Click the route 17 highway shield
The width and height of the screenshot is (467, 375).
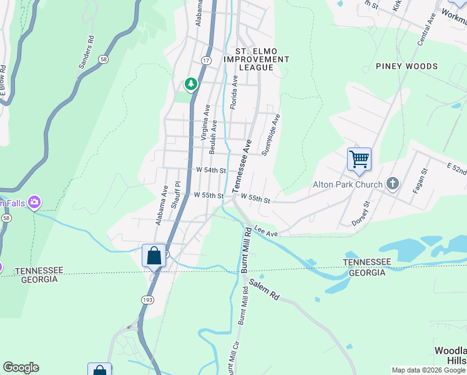point(205,59)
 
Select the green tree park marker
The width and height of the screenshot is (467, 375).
point(190,84)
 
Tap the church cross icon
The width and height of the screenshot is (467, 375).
point(392,184)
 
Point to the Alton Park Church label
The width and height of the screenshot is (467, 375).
point(347,184)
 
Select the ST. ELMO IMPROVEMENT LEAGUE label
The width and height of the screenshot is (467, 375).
point(262,59)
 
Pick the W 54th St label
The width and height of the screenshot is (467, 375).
point(210,170)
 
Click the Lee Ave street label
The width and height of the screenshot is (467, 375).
point(266,232)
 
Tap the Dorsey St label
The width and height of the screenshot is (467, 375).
point(361,212)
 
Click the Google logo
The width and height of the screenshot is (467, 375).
point(21,367)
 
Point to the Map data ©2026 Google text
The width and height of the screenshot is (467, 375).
point(428,370)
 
